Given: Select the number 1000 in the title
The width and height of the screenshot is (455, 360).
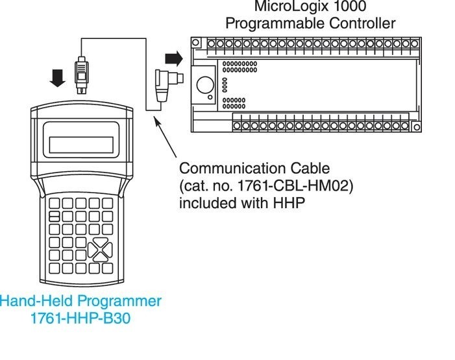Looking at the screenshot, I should click(349, 7).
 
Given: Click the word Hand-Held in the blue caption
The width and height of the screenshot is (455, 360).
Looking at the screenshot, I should click(34, 301).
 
